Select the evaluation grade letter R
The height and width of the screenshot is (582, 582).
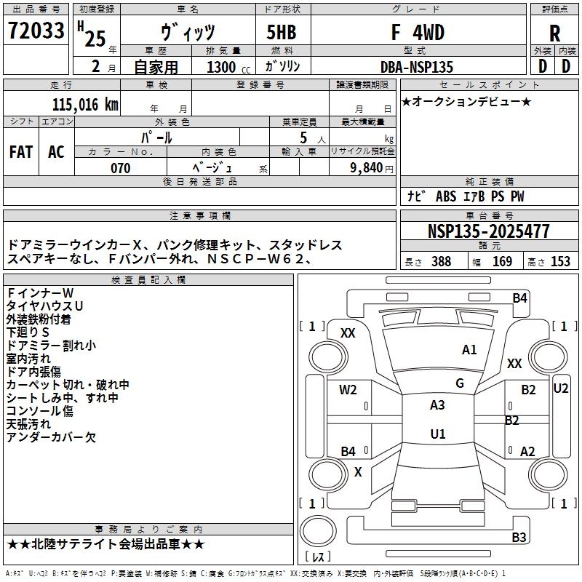pos(554,34)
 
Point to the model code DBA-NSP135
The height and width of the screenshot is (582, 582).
pos(416,67)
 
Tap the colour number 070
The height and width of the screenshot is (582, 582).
pos(120,168)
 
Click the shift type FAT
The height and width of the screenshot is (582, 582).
pos(20,152)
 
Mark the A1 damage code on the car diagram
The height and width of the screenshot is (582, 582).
pos(469,350)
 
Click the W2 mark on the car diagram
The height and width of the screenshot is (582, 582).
pos(348,389)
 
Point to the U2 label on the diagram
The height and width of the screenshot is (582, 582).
pos(561,388)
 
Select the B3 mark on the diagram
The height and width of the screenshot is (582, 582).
pos(519,538)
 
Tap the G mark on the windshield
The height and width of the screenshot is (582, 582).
pos(459,383)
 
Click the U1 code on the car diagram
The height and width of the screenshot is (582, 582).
pos(437,434)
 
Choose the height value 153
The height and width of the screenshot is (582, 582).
pos(560,262)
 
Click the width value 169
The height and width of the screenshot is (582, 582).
pos(502,262)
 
